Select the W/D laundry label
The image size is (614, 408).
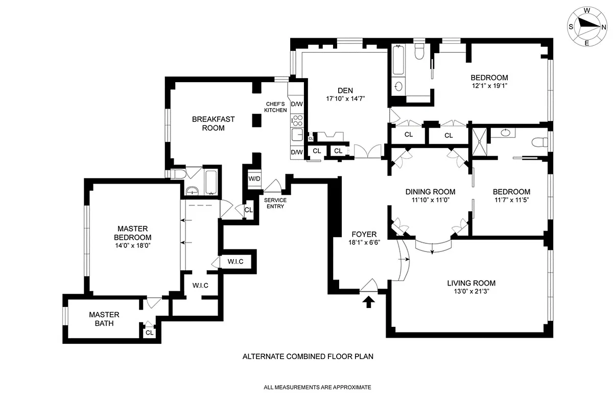point(254,179)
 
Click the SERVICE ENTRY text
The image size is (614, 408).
point(274,202)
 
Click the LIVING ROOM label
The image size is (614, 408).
point(471,284)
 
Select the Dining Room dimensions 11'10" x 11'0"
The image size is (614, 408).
point(430,200)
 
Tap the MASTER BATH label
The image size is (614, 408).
point(104,319)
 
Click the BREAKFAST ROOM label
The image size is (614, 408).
point(213,123)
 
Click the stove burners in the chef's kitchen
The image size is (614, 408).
point(297,121)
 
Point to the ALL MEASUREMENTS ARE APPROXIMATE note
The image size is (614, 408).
point(317,388)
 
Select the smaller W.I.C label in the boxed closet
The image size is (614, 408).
point(235,262)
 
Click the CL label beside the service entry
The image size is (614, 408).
point(249,210)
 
